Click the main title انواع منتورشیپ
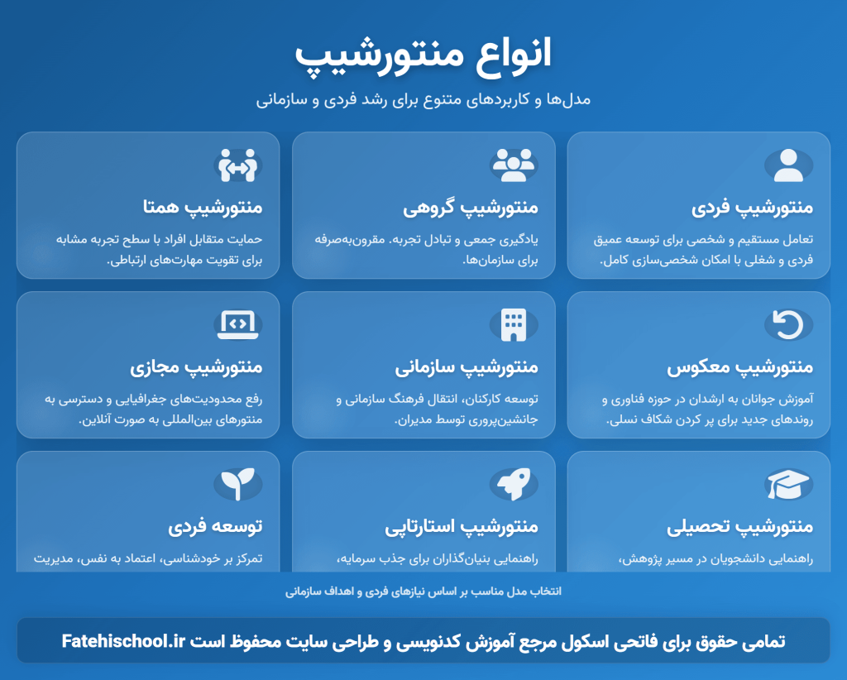(x=423, y=55)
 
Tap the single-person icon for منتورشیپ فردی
(x=788, y=165)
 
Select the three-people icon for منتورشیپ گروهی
(x=514, y=165)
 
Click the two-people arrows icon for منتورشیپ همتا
(x=238, y=165)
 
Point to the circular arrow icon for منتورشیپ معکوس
(x=788, y=325)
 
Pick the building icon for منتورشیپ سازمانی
(x=514, y=325)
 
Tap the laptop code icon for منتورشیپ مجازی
(x=238, y=325)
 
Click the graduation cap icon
(x=788, y=484)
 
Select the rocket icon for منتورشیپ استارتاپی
(x=514, y=484)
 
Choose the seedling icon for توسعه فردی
(x=238, y=484)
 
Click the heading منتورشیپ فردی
(x=752, y=207)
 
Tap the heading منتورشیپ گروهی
(x=471, y=207)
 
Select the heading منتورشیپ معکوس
(x=740, y=366)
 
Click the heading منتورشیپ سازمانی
(x=467, y=366)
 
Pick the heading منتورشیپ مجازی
(x=196, y=366)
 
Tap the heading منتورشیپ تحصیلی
(x=740, y=526)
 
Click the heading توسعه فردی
(x=216, y=526)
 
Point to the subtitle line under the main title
(x=423, y=99)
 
